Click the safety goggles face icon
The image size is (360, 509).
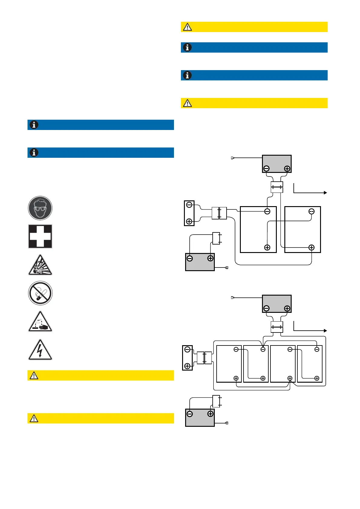[x=40, y=208]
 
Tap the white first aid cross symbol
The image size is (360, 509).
[x=40, y=236]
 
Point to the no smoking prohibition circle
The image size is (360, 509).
[x=40, y=293]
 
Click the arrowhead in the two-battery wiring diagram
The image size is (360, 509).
[x=325, y=193]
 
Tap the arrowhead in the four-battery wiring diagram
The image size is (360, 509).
[x=325, y=331]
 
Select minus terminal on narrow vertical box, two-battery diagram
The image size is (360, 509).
[x=189, y=205]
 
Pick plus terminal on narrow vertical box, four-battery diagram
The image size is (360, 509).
[x=187, y=366]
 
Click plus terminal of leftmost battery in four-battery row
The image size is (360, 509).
[x=236, y=378]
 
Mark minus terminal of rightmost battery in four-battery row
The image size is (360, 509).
[x=317, y=349]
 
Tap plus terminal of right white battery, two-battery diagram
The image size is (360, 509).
[x=311, y=248]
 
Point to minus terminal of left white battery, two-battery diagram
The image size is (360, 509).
[x=267, y=211]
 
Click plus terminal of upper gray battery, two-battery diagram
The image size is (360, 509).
[x=287, y=169]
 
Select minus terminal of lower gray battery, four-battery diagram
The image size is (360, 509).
[x=190, y=414]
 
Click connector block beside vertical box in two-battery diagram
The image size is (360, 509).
[x=219, y=213]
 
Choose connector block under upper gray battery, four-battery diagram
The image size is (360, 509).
[x=277, y=327]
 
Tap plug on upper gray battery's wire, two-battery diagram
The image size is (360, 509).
[x=232, y=158]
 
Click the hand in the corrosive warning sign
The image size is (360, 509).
[x=44, y=327]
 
